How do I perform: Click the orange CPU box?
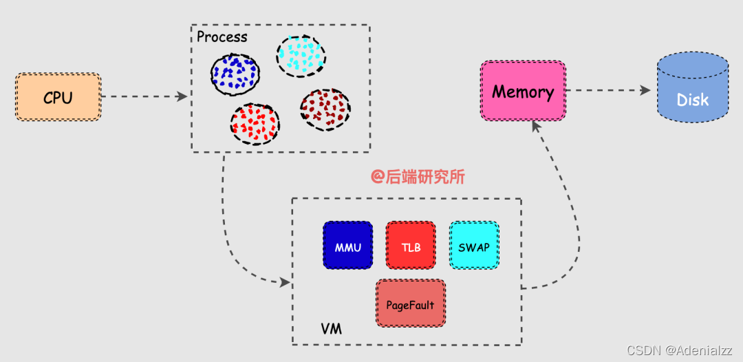tap(58, 97)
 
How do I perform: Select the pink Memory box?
tap(523, 91)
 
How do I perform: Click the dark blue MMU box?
tap(347, 244)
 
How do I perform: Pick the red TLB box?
tap(411, 244)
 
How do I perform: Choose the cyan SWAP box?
tap(474, 244)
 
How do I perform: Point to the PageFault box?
tap(411, 303)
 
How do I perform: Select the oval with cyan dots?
tap(301, 56)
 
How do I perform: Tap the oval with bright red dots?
tap(255, 124)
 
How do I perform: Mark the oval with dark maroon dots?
tap(325, 109)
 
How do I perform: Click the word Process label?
tap(222, 36)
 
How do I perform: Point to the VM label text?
tap(331, 329)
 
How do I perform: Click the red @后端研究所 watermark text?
tap(418, 177)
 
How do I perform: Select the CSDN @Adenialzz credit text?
tap(681, 350)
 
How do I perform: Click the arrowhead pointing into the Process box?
tap(182, 97)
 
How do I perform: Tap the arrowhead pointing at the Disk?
tap(645, 90)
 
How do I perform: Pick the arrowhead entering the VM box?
tap(284, 282)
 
